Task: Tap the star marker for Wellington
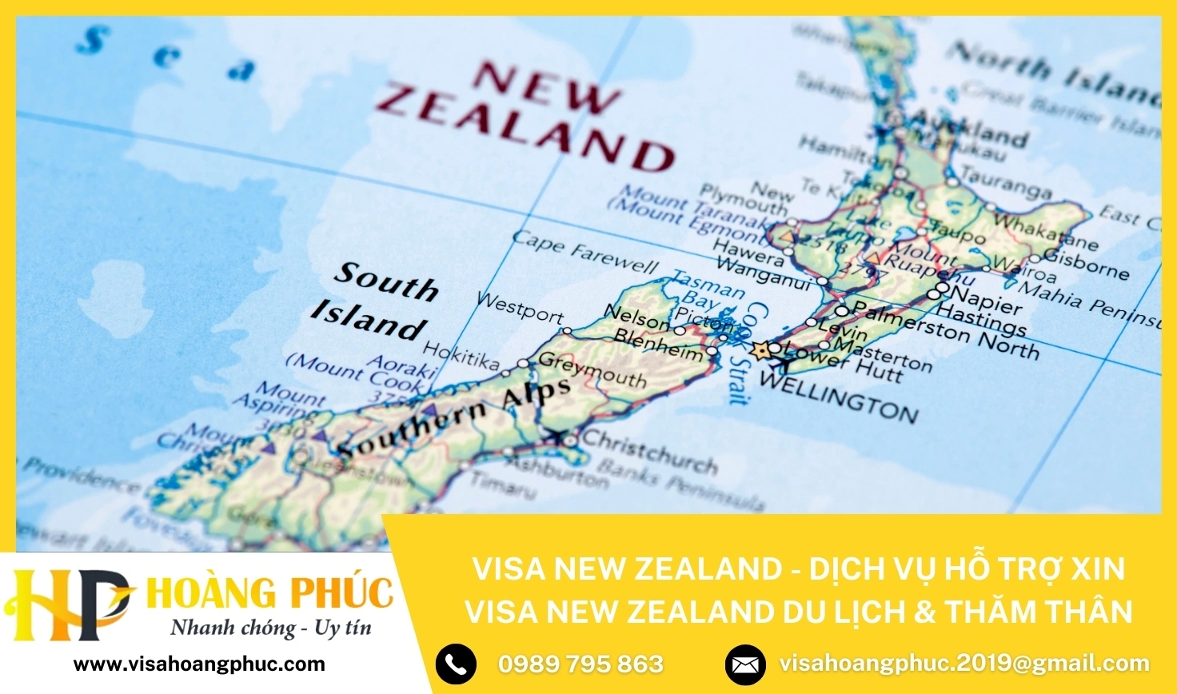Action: pos(760,350)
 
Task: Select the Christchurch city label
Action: pos(649,452)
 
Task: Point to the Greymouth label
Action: pos(592,370)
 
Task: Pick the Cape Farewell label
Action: pos(585,252)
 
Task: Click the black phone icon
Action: pos(456,664)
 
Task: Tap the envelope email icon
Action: pos(745,664)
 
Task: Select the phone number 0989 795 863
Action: pos(581,664)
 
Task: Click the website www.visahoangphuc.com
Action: pos(199,664)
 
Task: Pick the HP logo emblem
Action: pos(67,604)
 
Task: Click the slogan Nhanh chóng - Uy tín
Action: pos(271,628)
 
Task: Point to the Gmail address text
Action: pos(964,663)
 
